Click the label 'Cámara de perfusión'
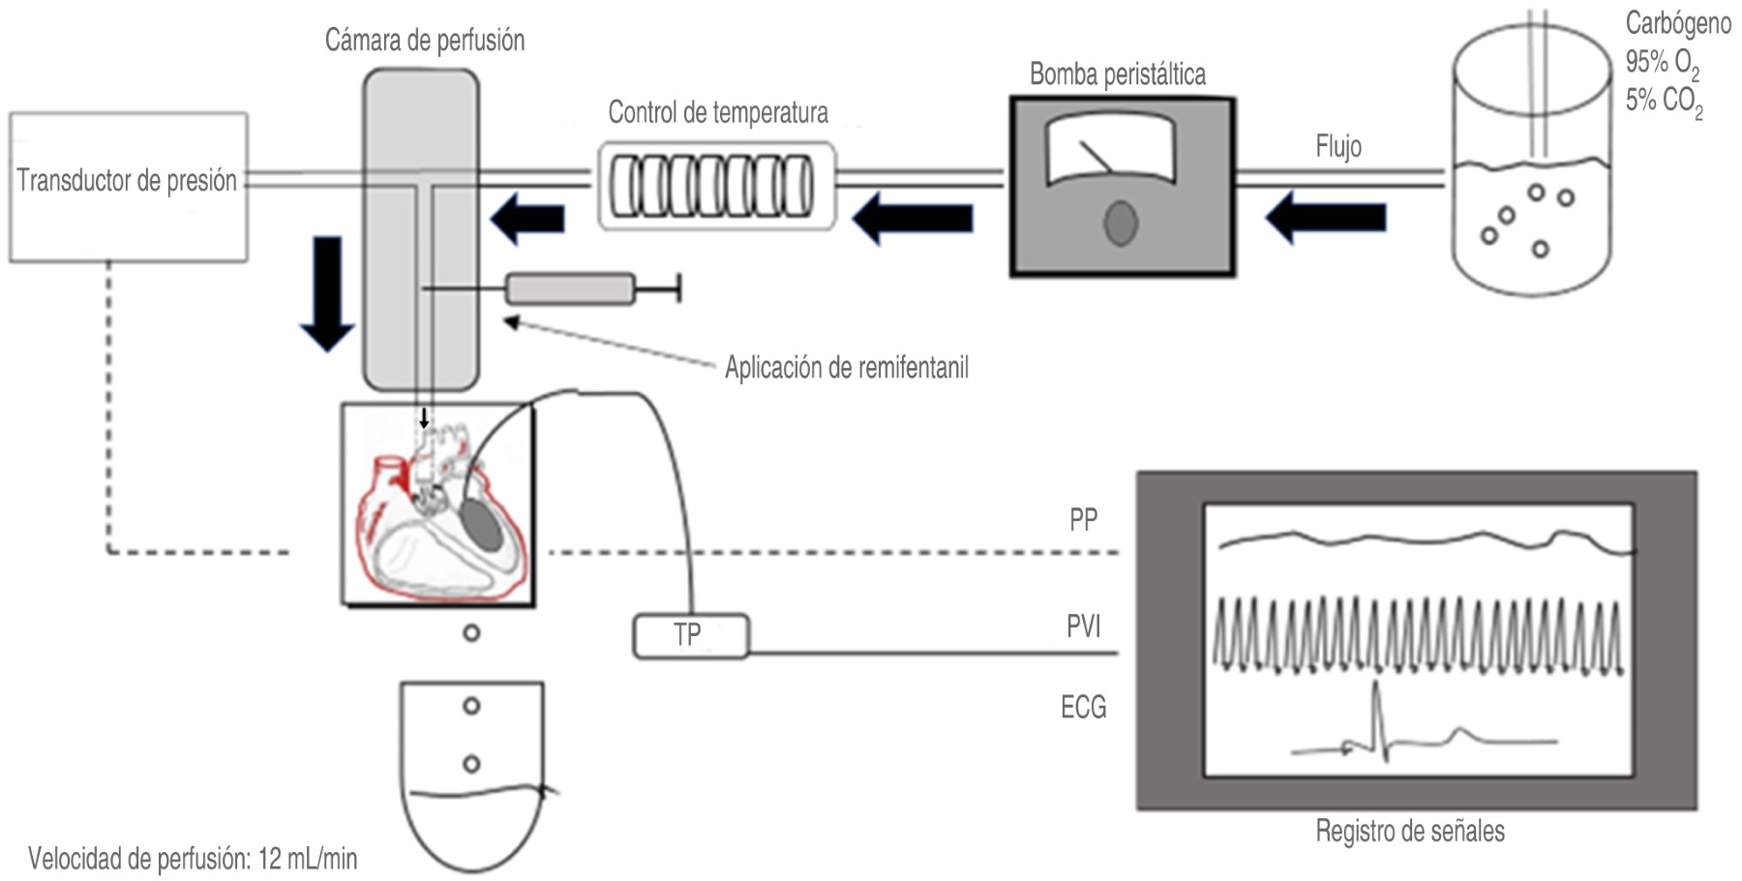coord(425,41)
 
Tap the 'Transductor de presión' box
coord(129,187)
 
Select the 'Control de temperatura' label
coord(718,113)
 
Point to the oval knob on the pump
coord(1121,223)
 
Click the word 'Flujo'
coord(1338,147)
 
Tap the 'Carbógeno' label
coord(1678,23)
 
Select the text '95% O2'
coord(1663,64)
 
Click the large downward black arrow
coord(327,293)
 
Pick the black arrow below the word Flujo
coord(1325,217)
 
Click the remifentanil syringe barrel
coord(571,289)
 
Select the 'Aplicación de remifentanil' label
coord(847,368)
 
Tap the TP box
coord(691,636)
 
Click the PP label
coord(1083,520)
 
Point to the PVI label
coord(1083,627)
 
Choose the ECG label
coord(1083,708)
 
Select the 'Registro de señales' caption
coord(1410,832)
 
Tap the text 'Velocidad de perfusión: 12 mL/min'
coord(193,859)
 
